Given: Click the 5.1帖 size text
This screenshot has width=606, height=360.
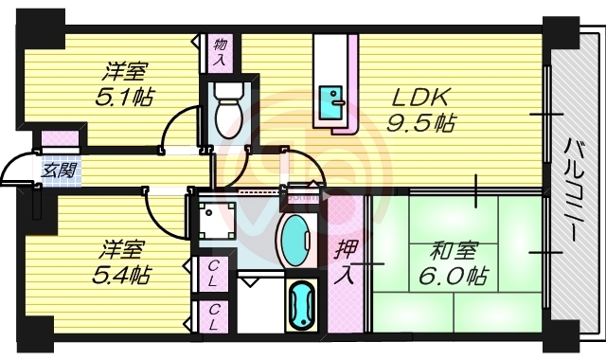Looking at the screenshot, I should coord(125,97).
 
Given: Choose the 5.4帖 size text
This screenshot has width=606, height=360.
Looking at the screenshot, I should coord(122,275).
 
